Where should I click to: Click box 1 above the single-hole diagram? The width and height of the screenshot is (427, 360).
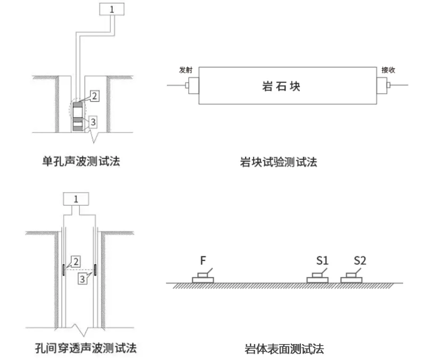(112, 9)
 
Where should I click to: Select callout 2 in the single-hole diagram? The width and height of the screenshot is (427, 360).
(94, 96)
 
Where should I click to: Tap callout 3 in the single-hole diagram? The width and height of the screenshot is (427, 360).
(93, 122)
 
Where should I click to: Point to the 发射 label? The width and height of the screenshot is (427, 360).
(186, 70)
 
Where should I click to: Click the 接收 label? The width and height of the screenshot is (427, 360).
(388, 70)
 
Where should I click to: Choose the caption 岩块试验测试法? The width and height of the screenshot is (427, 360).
(279, 162)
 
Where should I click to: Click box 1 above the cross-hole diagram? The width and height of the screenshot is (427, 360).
(76, 199)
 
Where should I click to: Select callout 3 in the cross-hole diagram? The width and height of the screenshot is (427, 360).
(82, 278)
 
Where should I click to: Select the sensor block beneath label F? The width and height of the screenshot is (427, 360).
(203, 278)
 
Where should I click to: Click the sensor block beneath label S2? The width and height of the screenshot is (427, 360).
(351, 278)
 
